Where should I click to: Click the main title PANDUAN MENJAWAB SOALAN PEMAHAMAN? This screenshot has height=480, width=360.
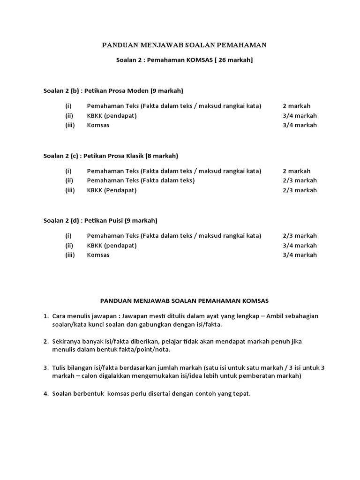(184, 45)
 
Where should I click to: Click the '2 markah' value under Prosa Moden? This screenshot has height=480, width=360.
(296, 106)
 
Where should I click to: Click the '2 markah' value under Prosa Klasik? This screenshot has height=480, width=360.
(296, 171)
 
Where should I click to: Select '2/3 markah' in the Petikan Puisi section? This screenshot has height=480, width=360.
(300, 236)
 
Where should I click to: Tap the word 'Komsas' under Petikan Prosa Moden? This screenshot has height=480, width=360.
(98, 125)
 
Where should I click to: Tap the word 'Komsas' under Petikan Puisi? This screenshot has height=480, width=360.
(98, 255)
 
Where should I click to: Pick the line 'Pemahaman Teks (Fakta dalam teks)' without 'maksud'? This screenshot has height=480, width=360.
(141, 180)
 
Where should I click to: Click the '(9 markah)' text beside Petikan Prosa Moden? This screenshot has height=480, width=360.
(167, 90)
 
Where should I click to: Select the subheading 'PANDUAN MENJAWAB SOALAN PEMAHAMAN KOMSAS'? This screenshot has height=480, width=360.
(184, 300)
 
